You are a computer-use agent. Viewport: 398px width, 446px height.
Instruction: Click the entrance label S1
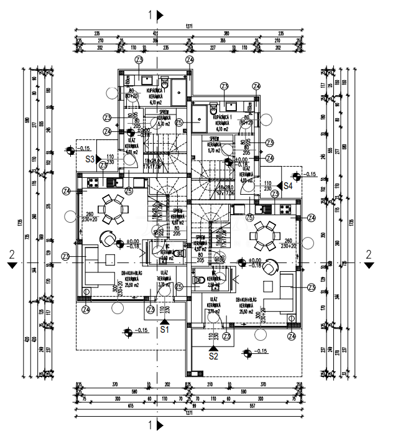tap(165, 330)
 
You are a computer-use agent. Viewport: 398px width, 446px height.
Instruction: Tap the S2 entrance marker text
tap(214, 357)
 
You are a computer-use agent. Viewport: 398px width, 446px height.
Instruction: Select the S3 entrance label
tap(90, 159)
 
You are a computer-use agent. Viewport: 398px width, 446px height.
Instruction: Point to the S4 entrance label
tap(289, 185)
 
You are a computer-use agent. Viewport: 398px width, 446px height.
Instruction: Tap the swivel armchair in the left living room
tap(109, 239)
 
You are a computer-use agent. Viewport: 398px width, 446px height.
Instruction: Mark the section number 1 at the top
tap(150, 14)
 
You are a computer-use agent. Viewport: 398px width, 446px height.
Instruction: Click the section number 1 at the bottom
tap(150, 425)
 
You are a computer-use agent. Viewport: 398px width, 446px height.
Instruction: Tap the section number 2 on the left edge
tap(11, 254)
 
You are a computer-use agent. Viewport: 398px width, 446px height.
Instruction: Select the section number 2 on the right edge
tap(368, 254)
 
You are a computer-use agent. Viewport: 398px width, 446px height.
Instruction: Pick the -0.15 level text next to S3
tap(85, 149)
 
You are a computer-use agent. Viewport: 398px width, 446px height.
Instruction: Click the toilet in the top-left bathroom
tap(165, 83)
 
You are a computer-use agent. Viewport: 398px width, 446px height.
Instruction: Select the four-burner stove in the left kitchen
tap(94, 182)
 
